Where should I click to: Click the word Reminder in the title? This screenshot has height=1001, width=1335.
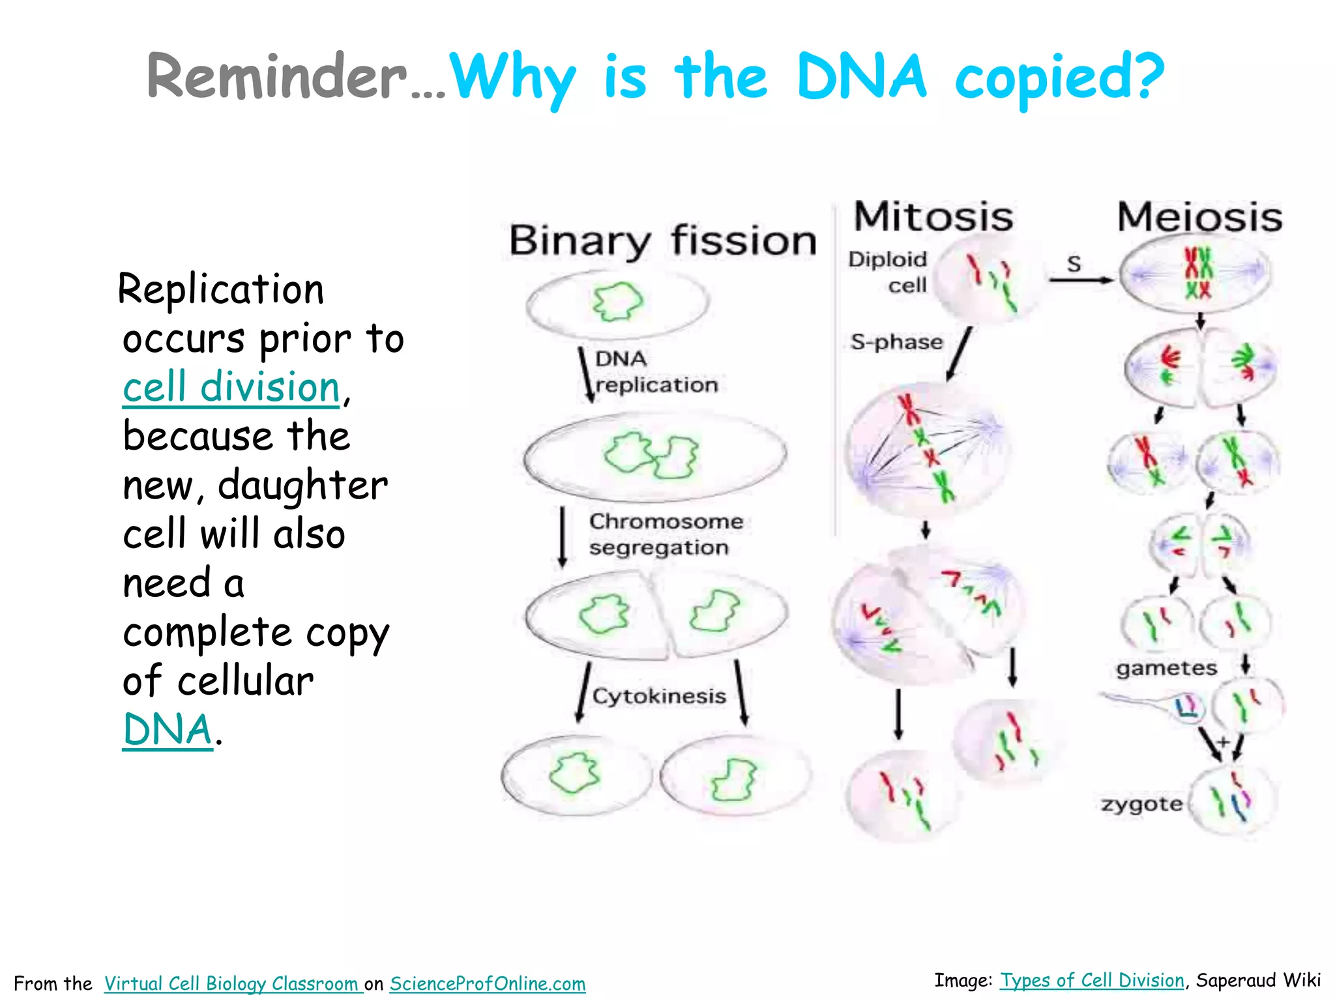point(276,77)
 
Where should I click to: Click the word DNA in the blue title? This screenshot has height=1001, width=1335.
point(860,77)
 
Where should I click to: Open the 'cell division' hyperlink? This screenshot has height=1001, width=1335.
point(231,387)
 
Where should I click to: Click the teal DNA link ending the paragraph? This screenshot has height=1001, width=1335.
point(168,729)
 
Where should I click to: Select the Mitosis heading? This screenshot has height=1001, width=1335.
point(933,217)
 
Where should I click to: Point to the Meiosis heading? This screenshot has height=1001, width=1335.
point(1199,217)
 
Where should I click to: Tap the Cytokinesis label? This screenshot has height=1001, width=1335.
point(659,696)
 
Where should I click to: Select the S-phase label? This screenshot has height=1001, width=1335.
point(896,342)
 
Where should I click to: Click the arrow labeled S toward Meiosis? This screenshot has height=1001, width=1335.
point(1079,280)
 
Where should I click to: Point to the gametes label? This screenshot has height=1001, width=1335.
point(1166,668)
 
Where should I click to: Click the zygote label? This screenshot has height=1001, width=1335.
point(1141,804)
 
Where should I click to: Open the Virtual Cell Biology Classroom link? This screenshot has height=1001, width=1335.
point(233,983)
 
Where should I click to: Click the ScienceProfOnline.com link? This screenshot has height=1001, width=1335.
point(488,983)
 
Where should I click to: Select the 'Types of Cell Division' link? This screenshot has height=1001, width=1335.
point(1092,980)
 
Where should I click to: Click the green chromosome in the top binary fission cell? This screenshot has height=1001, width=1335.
point(617,301)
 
